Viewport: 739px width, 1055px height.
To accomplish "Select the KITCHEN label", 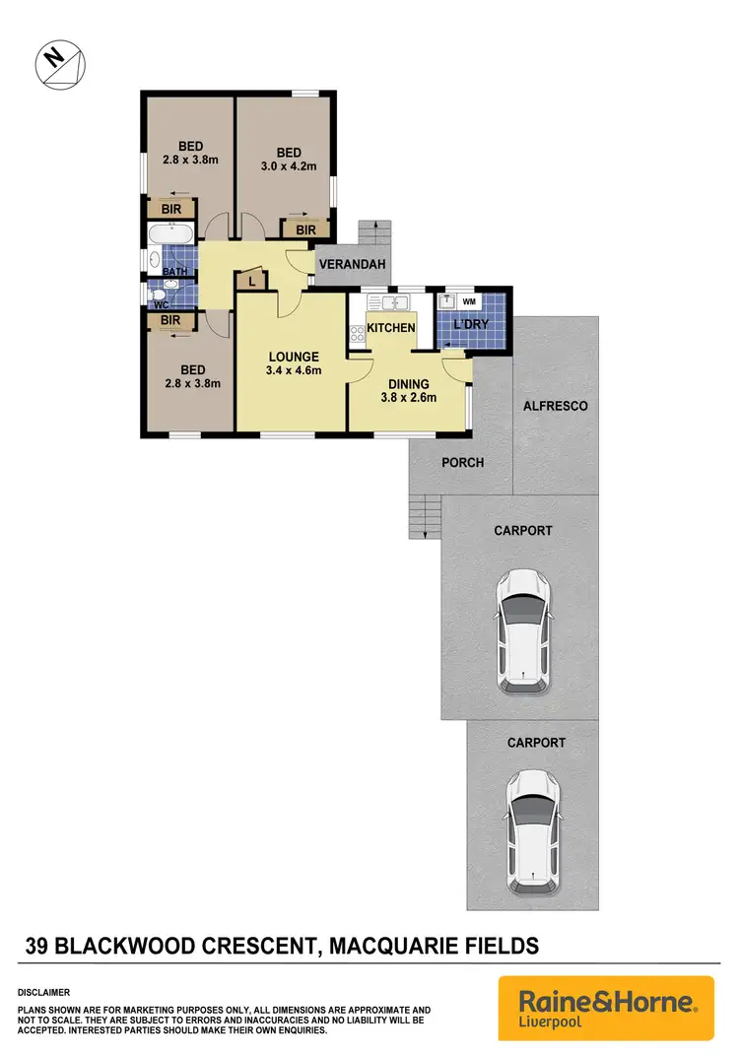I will pos(391,328).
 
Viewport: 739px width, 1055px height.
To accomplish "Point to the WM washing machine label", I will pos(469,301).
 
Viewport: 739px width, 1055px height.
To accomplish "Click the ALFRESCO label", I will pos(556,406).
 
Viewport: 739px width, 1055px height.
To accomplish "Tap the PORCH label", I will pos(462,462).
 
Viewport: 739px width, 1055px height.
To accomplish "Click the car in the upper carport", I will pos(524,630).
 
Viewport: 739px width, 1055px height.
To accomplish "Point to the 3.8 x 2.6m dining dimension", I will pos(408,399).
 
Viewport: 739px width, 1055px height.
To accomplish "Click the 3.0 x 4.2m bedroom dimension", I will pos(288,166).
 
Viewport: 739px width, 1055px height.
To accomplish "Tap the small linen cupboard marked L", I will pos(251,282).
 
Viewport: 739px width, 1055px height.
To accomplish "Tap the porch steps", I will pos(424,517).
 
